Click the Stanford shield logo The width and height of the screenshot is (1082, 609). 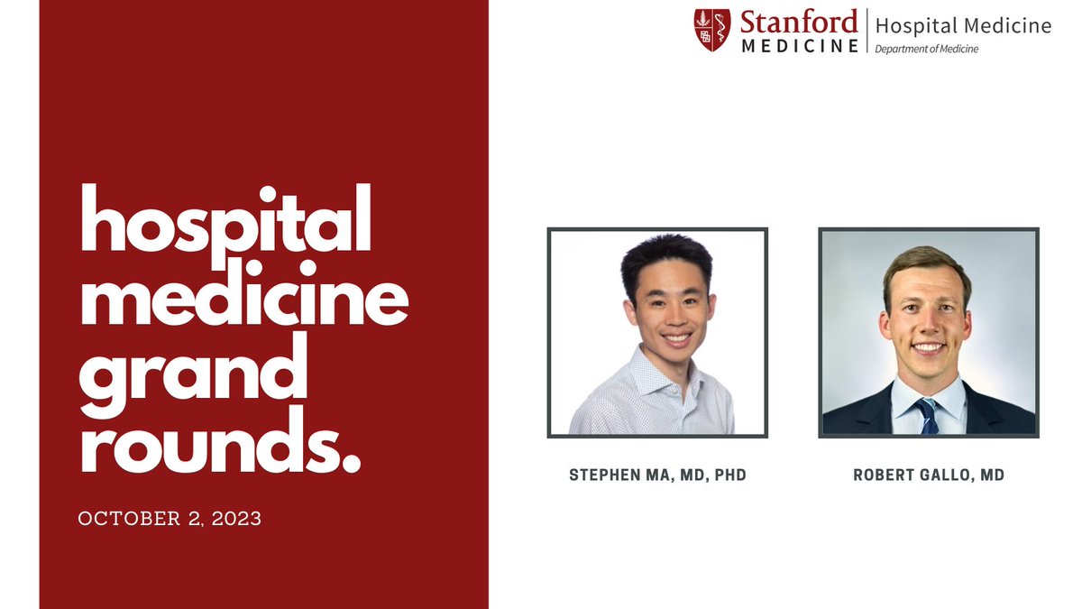tap(711, 30)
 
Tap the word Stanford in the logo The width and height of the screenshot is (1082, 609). tap(798, 22)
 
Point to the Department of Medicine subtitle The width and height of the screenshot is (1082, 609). tap(926, 49)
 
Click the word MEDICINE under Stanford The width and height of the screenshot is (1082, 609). tap(800, 45)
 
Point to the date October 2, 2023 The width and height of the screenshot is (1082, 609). tap(170, 519)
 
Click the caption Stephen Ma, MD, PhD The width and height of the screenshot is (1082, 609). tap(657, 475)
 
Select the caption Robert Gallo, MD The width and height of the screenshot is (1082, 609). tap(929, 475)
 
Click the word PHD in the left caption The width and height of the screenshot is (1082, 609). tap(729, 475)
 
